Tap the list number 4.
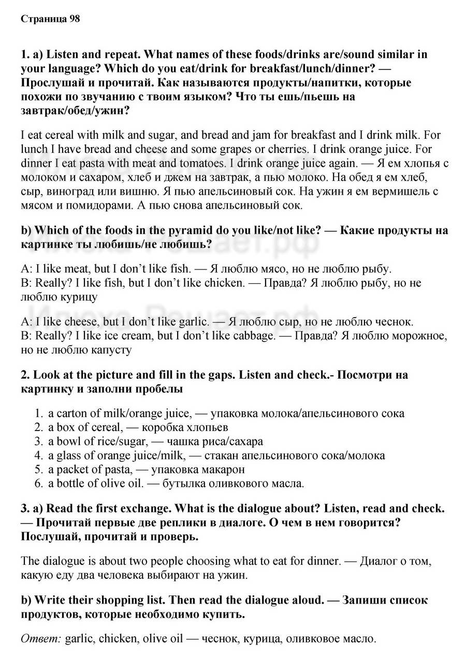pyautogui.click(x=38, y=455)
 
